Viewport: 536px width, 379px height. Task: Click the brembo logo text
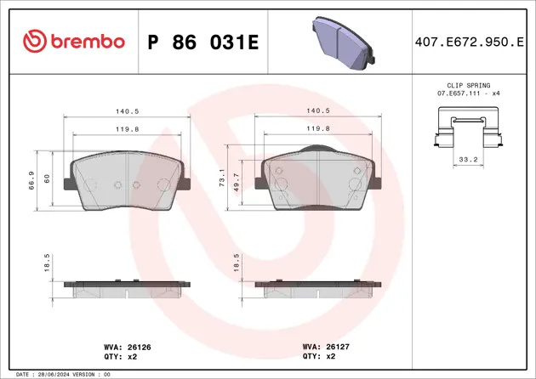point(85,41)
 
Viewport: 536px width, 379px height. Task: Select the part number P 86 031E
point(202,42)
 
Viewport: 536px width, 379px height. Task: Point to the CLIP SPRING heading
point(467,86)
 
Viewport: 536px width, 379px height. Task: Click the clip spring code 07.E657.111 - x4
point(467,94)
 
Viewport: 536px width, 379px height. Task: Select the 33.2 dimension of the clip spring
point(467,158)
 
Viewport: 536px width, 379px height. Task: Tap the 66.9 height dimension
point(31,180)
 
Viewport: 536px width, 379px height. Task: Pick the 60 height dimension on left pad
point(48,178)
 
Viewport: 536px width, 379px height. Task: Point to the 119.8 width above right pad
point(317,128)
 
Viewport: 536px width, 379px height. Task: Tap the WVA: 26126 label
point(126,347)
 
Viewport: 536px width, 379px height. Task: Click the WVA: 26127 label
point(322,347)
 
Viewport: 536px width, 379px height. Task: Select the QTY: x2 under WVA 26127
point(316,357)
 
